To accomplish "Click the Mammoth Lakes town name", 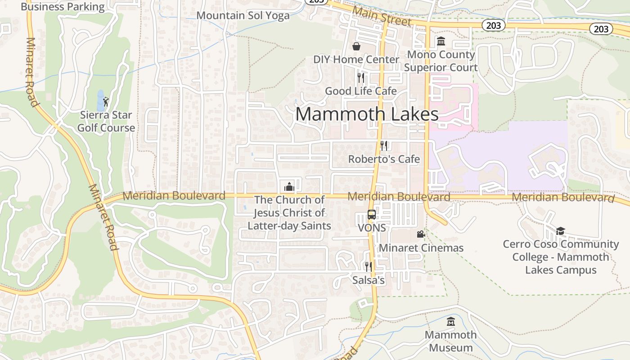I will [x=367, y=114].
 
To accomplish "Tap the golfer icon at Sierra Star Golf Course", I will [x=106, y=102].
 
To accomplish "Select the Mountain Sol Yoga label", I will [x=243, y=16].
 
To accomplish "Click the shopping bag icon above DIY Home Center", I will [x=356, y=46].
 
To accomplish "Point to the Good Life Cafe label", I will [x=361, y=91].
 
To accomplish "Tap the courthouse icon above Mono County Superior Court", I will [x=441, y=41].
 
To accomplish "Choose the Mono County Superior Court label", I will [x=441, y=61].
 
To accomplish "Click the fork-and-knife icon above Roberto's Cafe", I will [x=384, y=145].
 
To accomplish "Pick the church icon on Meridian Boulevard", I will [x=289, y=187].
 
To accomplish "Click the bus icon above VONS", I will [x=372, y=215].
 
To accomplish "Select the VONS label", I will [x=372, y=228].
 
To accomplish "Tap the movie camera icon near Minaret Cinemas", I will [x=421, y=234].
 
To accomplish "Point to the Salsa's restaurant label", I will [x=369, y=280].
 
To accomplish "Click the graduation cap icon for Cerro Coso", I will [x=560, y=231].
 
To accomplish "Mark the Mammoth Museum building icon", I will [x=450, y=322].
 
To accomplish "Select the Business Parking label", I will [x=63, y=7].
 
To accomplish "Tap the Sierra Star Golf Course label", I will [x=106, y=121].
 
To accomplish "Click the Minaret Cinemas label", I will [x=421, y=248].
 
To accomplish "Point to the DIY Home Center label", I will [x=356, y=59].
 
